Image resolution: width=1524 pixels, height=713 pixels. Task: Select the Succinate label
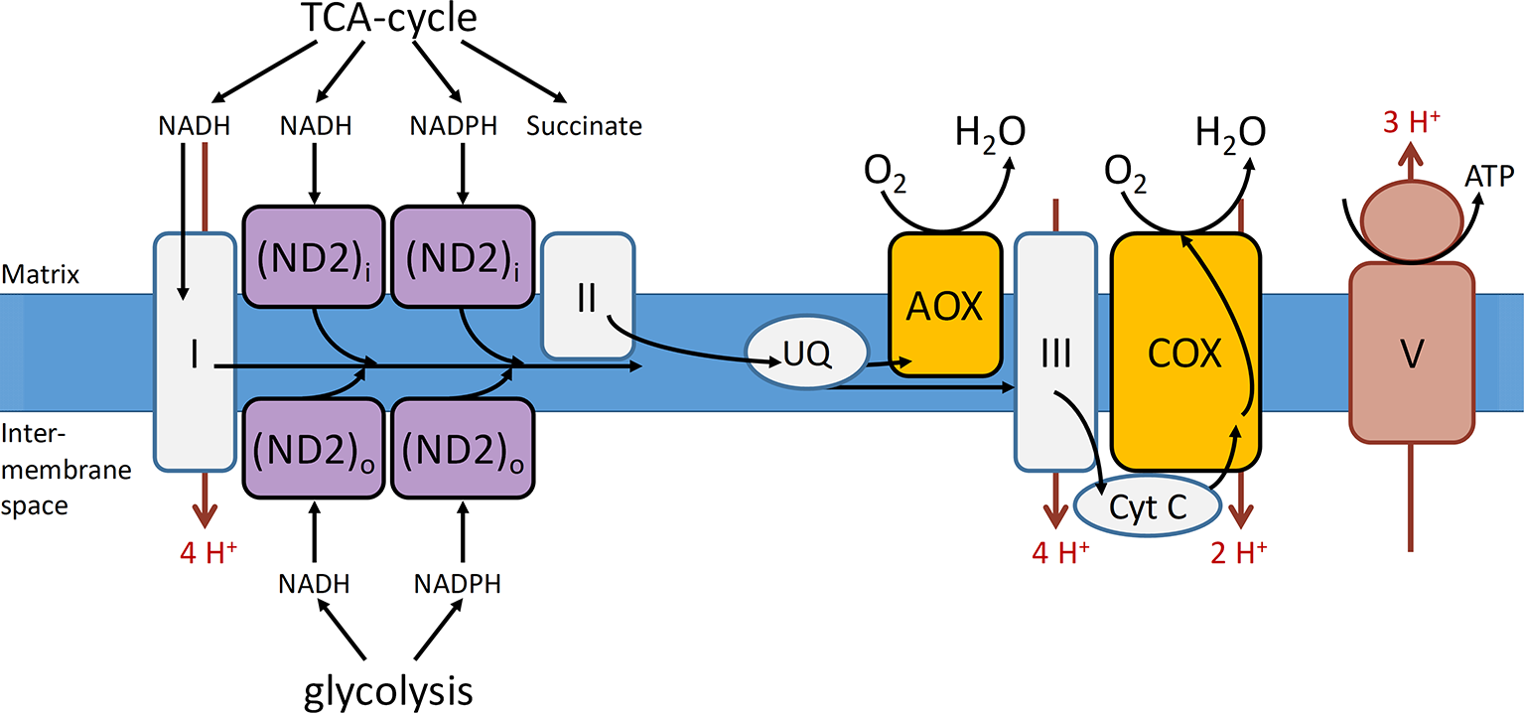coord(584,127)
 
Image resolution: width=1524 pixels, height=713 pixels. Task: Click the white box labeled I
coord(195,353)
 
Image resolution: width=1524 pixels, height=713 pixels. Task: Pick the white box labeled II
coord(588,296)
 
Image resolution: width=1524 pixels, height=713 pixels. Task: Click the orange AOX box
coord(943,306)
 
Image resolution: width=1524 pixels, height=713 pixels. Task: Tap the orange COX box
coord(1183,352)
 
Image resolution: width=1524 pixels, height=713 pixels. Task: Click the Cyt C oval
coord(1148,508)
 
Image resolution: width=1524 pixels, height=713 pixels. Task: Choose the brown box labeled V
coord(1411,353)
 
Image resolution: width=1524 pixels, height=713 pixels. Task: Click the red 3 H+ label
coord(1414,125)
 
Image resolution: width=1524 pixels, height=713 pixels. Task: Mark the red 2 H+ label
coord(1238,553)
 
